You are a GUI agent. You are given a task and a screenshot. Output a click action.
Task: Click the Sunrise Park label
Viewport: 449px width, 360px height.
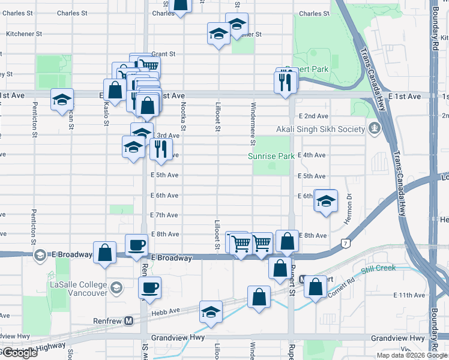click(271, 156)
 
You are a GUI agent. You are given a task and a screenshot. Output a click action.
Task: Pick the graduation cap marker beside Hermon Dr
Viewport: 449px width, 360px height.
click(325, 202)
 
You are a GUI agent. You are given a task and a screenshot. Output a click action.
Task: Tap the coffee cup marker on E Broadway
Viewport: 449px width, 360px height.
click(136, 244)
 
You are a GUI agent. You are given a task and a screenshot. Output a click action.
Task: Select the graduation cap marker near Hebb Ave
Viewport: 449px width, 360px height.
click(211, 312)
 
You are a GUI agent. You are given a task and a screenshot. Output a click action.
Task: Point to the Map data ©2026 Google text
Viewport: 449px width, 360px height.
click(412, 355)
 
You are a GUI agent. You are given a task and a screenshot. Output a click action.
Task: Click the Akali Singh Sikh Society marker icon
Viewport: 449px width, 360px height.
click(375, 128)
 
